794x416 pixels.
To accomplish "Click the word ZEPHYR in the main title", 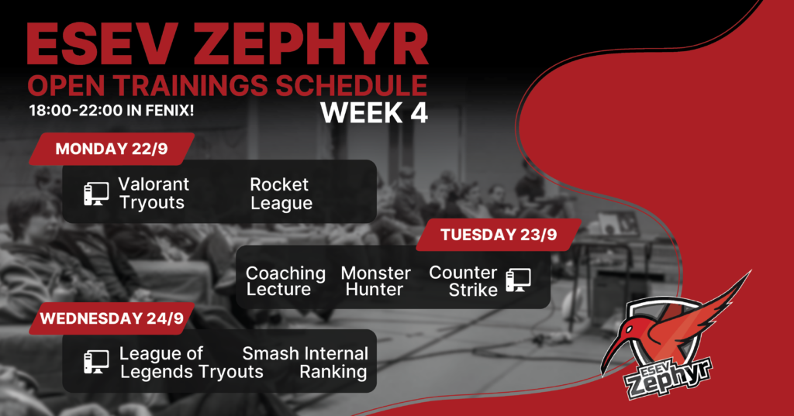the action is click(310, 43).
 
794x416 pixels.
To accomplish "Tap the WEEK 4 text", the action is click(375, 112).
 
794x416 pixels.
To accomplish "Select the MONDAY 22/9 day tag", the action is click(112, 149).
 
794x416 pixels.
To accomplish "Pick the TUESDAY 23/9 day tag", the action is click(499, 235).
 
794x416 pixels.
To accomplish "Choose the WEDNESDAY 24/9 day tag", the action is click(112, 318).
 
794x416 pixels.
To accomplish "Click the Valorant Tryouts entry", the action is click(154, 194).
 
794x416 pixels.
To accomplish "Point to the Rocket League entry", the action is click(281, 194).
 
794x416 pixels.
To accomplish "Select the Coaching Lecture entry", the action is click(285, 281).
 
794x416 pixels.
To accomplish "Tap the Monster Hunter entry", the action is click(376, 281).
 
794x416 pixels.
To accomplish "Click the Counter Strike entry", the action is click(464, 281).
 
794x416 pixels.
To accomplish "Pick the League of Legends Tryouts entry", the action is click(192, 363).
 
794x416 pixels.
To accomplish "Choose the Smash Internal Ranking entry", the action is click(305, 363).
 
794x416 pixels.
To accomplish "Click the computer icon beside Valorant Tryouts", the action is click(96, 194).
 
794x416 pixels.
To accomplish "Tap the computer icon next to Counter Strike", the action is click(519, 280).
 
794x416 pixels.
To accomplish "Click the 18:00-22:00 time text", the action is click(76, 110).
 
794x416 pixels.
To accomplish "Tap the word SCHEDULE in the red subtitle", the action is click(351, 85).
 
